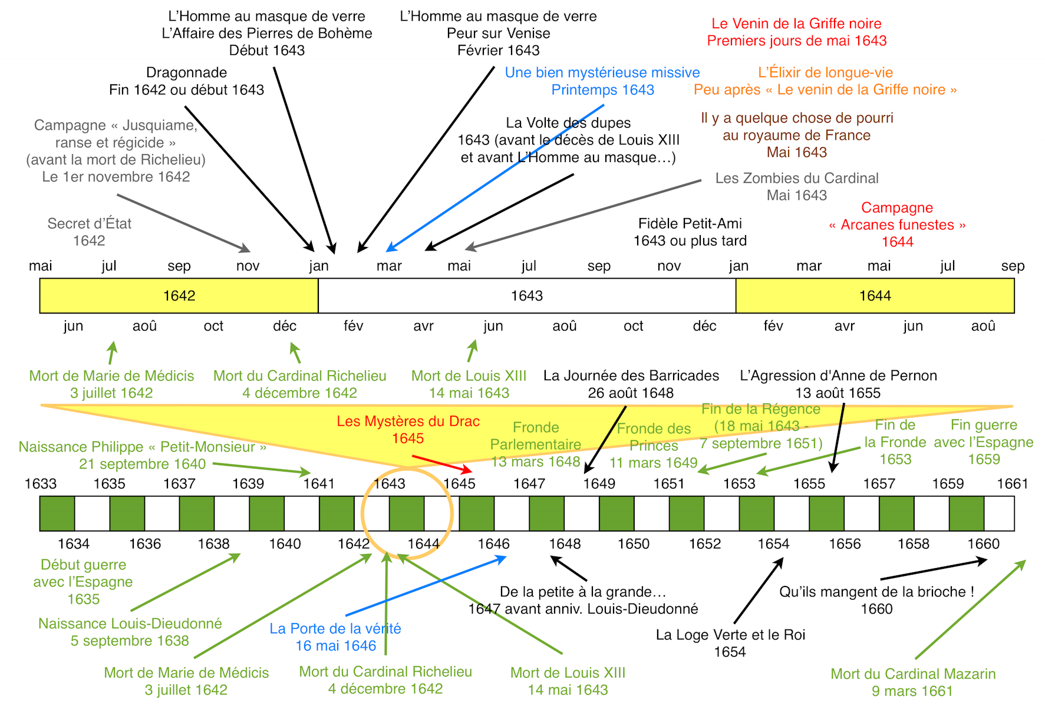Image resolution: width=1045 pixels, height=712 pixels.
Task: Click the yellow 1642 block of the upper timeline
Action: click(179, 296)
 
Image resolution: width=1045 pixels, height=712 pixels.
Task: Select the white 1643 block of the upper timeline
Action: click(526, 296)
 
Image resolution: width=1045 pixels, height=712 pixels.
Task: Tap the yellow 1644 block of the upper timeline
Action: click(875, 296)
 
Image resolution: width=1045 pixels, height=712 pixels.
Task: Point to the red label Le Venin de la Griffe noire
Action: click(796, 24)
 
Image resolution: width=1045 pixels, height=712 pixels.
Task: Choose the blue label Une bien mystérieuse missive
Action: click(602, 72)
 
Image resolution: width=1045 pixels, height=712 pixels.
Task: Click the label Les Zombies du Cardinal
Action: click(796, 179)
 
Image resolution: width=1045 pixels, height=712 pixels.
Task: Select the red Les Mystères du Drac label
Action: click(408, 421)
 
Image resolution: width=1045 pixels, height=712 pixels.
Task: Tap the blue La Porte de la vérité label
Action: click(335, 629)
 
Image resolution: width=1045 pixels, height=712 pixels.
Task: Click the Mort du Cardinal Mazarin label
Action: click(912, 674)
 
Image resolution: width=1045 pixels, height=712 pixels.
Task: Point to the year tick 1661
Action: click(1012, 484)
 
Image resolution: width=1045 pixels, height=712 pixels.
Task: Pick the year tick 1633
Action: click(41, 484)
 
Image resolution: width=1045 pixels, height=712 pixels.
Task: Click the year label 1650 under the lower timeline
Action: click(634, 543)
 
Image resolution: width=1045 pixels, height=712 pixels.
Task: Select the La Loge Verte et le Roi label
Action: click(730, 635)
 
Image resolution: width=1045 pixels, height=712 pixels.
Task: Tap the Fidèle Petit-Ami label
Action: click(690, 224)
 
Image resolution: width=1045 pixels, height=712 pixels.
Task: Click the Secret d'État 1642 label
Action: click(89, 224)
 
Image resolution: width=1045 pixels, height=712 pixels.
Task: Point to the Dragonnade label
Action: click(186, 73)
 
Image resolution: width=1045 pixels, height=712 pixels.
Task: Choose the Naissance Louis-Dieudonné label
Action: click(130, 624)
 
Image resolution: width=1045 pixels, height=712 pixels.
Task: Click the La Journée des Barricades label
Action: click(631, 376)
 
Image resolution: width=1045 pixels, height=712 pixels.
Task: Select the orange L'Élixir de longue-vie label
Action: click(825, 72)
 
